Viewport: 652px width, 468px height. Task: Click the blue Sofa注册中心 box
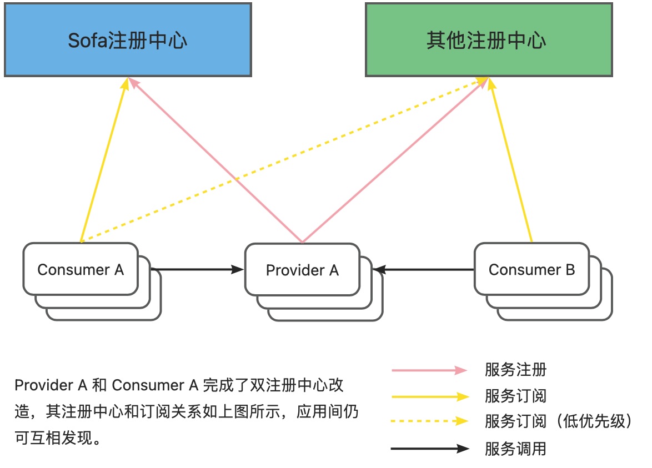point(128,39)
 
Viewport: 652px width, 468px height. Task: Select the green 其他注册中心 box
point(488,39)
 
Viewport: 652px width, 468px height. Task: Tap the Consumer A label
point(81,270)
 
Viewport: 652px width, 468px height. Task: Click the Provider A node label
point(302,270)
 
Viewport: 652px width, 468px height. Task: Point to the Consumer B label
point(531,270)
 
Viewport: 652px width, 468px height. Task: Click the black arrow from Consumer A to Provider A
point(197,270)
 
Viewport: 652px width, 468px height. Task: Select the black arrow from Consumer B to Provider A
point(425,270)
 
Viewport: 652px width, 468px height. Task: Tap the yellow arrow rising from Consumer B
point(511,161)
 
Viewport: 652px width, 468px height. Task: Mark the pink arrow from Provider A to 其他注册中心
point(394,161)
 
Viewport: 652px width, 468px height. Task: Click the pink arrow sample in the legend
point(430,370)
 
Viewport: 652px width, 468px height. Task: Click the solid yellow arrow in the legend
point(430,396)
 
